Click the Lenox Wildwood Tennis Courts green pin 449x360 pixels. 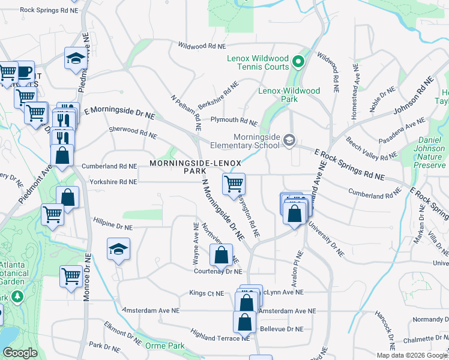pos(297,61)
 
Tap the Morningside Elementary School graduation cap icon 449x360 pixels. pos(289,140)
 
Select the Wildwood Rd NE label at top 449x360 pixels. pos(202,46)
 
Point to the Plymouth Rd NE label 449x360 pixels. pos(234,121)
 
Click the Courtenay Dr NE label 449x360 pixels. pos(217,271)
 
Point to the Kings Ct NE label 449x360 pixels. pos(206,293)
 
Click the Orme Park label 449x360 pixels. pos(165,346)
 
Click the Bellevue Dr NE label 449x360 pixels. pos(282,329)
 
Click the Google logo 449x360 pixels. pos(20,352)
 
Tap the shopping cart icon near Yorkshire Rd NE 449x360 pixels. pos(234,183)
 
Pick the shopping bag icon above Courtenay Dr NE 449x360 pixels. pos(221,255)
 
